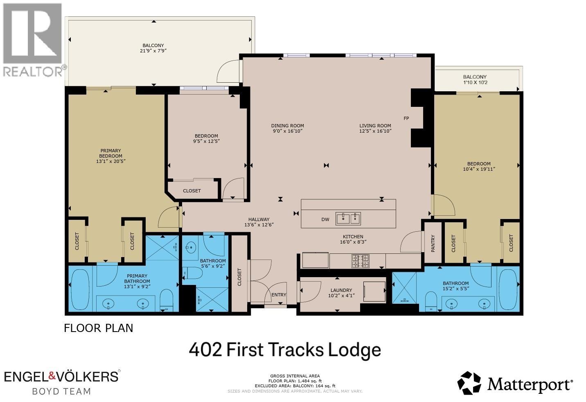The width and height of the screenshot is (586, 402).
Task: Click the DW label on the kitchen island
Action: pyautogui.click(x=325, y=219)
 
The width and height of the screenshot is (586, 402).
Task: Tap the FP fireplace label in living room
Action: pyautogui.click(x=406, y=118)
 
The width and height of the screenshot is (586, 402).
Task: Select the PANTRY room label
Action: pyautogui.click(x=433, y=243)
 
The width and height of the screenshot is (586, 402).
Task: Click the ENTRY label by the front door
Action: pyautogui.click(x=279, y=295)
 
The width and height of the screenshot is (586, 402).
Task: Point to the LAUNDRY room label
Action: pyautogui.click(x=341, y=290)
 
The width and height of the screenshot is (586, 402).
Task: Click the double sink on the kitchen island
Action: pyautogui.click(x=348, y=219)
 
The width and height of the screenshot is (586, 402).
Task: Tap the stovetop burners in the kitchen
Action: pyautogui.click(x=361, y=261)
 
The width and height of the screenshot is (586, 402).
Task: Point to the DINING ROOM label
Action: pyautogui.click(x=287, y=126)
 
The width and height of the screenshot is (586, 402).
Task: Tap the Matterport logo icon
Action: pyautogui.click(x=469, y=383)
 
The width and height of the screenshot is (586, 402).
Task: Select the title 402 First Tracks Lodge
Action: pyautogui.click(x=285, y=350)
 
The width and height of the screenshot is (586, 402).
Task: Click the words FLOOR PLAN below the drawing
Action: pyautogui.click(x=98, y=328)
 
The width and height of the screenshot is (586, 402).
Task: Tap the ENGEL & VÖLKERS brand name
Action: pyautogui.click(x=61, y=376)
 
